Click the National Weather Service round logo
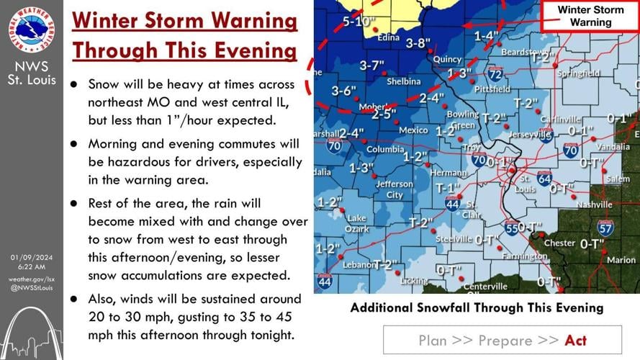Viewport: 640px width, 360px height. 32,30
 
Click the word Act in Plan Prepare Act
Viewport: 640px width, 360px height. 575,341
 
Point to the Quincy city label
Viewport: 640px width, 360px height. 448,59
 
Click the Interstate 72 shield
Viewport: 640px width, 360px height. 495,73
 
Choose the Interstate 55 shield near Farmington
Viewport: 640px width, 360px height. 510,228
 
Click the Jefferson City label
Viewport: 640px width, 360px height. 395,189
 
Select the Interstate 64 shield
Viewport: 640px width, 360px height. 544,176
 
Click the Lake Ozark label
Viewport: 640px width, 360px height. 356,223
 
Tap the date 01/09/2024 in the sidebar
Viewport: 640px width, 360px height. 32,258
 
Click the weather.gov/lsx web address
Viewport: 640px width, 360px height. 32,279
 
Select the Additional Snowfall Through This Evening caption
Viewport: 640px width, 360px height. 477,308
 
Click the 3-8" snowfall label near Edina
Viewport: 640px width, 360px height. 418,42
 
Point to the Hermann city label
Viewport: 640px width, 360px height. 448,173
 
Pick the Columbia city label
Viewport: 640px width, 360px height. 385,150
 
